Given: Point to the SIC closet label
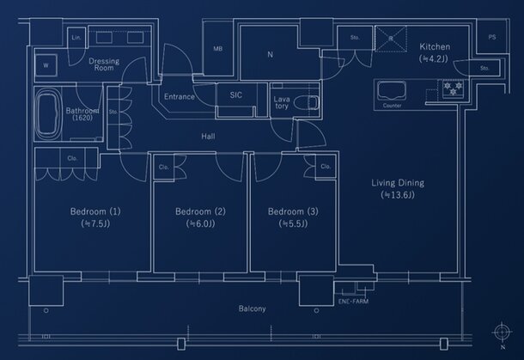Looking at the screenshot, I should (x=235, y=97).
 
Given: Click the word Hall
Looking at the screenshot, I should (x=209, y=137).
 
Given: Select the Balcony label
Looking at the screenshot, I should (x=252, y=308).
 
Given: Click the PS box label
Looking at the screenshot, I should (x=491, y=38).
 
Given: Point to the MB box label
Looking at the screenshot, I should (x=218, y=49).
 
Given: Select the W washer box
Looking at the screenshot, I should (x=46, y=65).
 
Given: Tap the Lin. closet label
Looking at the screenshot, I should (x=76, y=38).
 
